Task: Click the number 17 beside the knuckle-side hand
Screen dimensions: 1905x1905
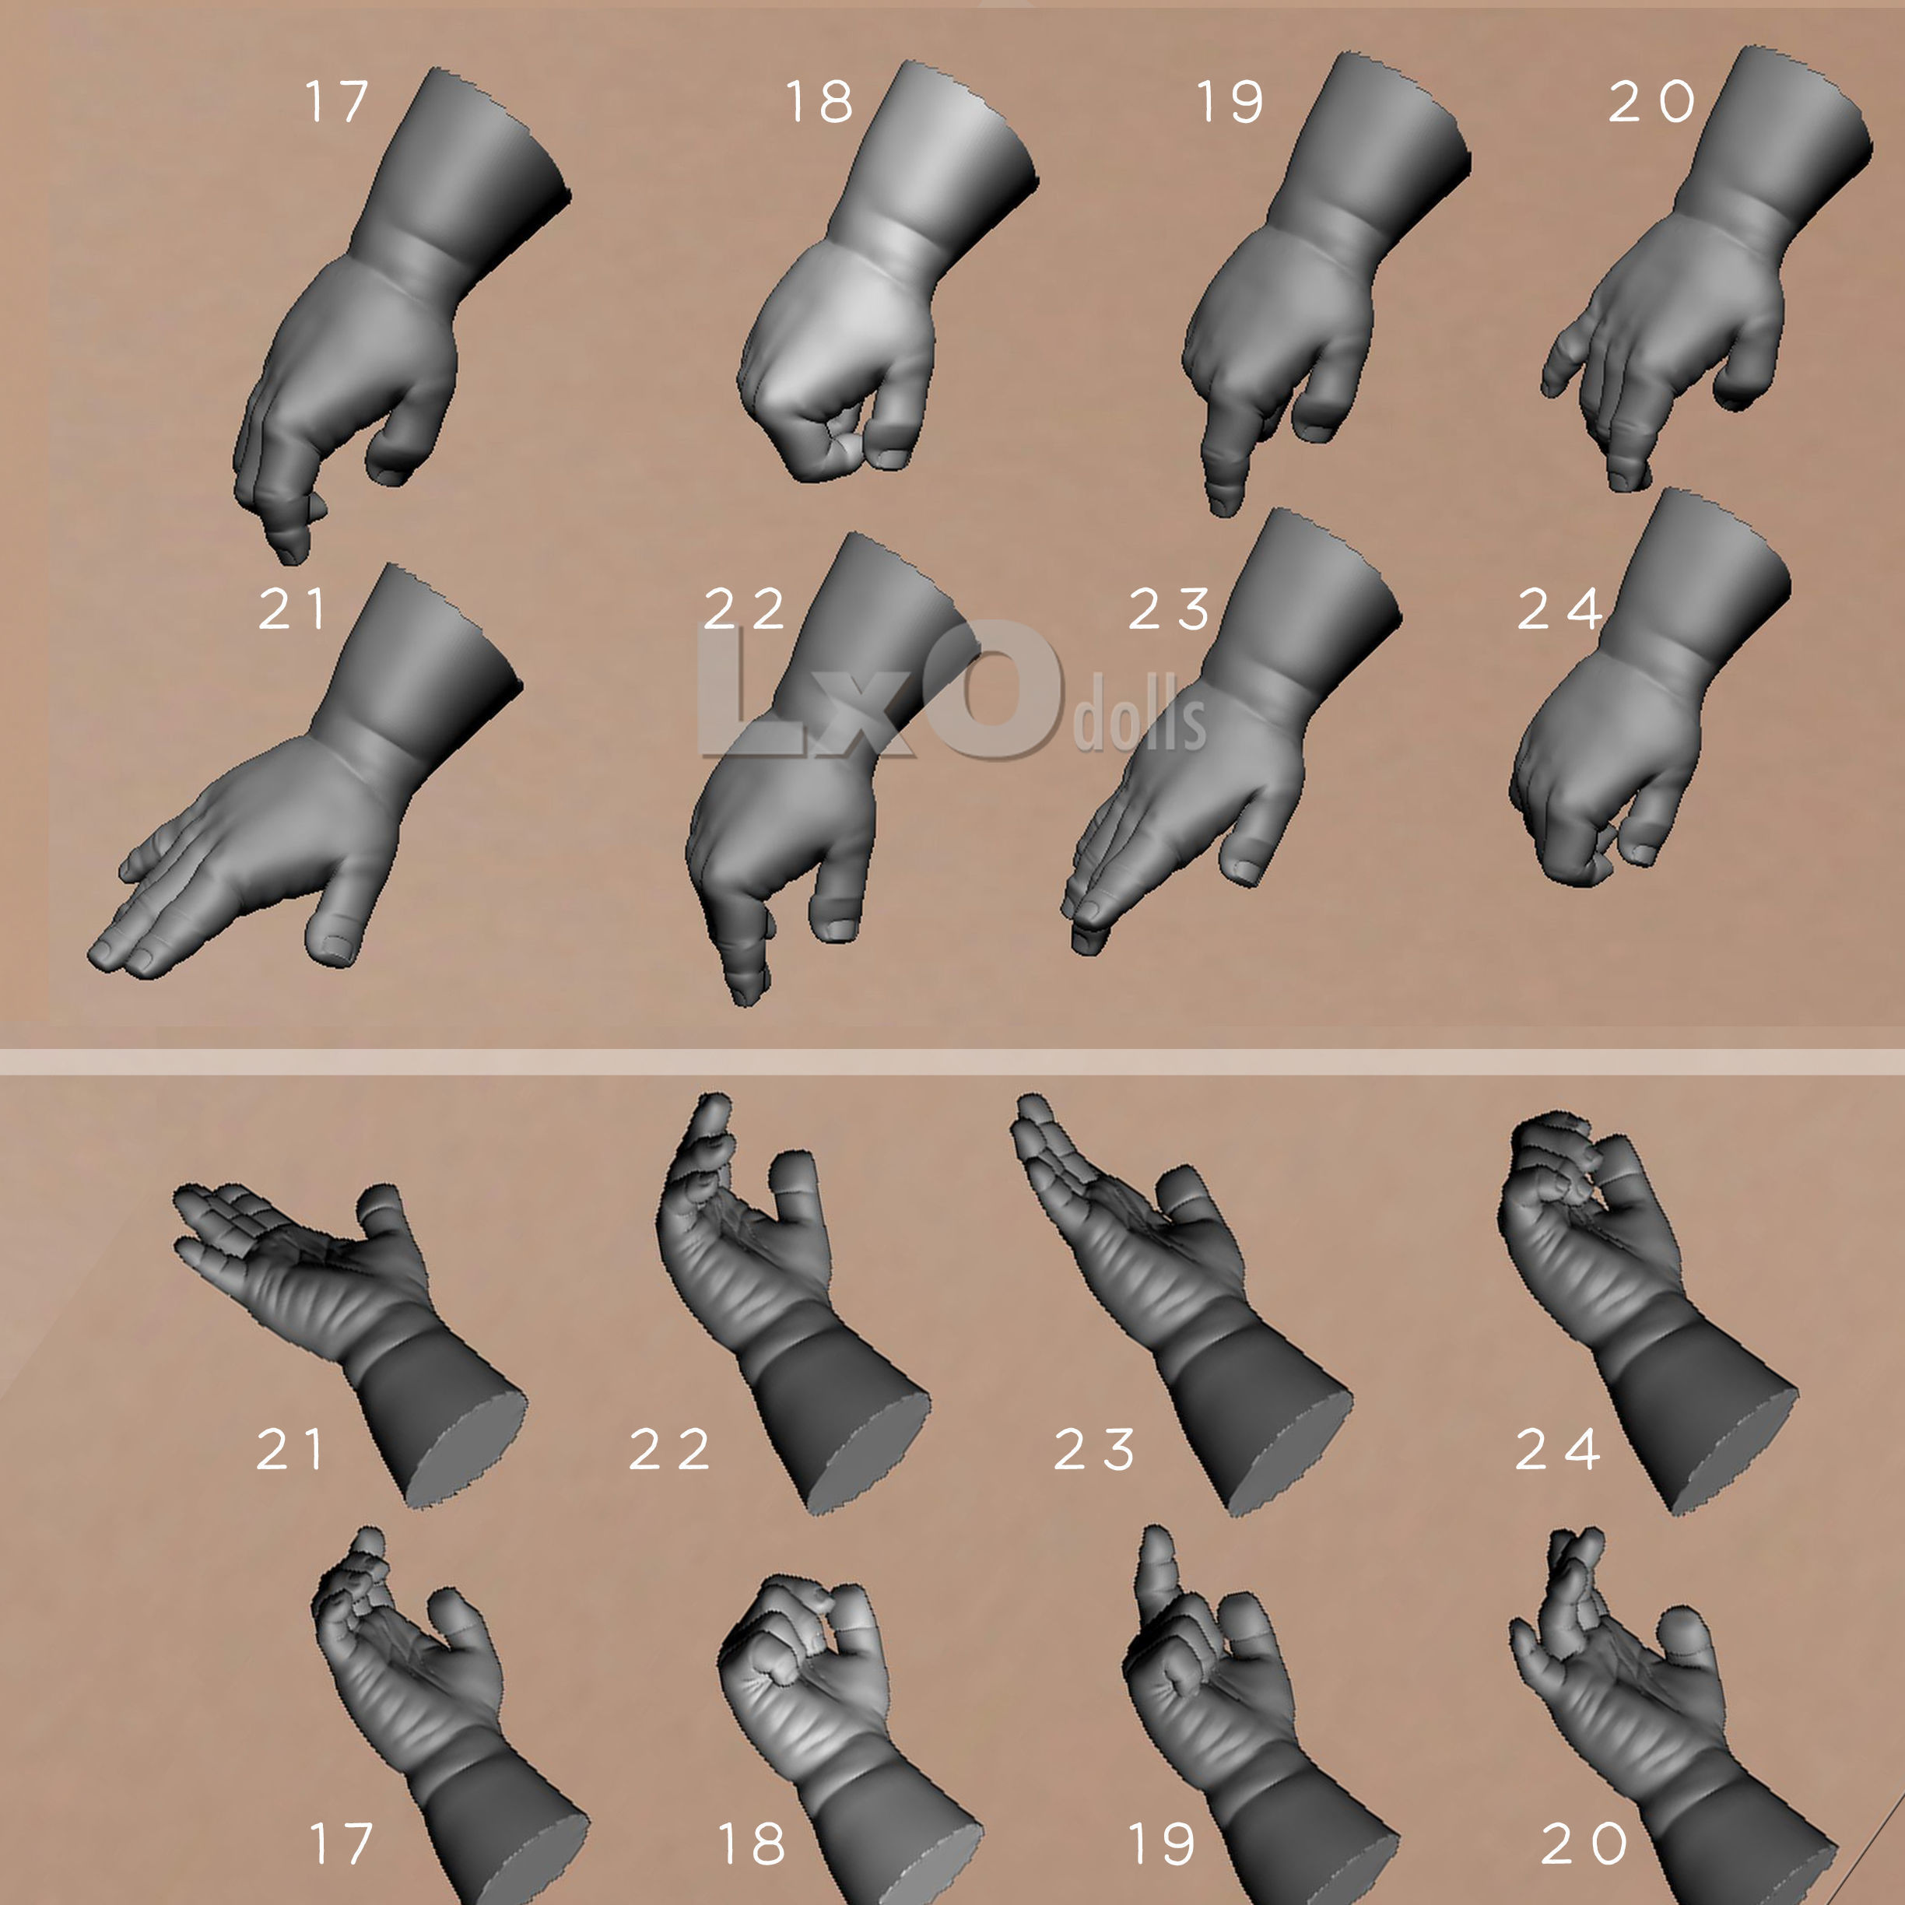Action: coord(337,102)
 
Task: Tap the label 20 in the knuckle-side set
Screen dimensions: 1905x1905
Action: coord(1651,102)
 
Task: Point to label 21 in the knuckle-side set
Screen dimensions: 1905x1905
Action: coord(291,609)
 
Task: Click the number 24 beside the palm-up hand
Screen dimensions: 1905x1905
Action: coord(1557,1450)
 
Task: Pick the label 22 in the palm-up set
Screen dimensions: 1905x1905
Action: coord(669,1450)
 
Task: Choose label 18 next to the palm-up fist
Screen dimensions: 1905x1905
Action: coord(752,1844)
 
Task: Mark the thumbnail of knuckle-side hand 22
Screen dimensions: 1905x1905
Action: coord(834,769)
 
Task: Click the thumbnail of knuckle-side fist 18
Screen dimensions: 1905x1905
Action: coord(887,271)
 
